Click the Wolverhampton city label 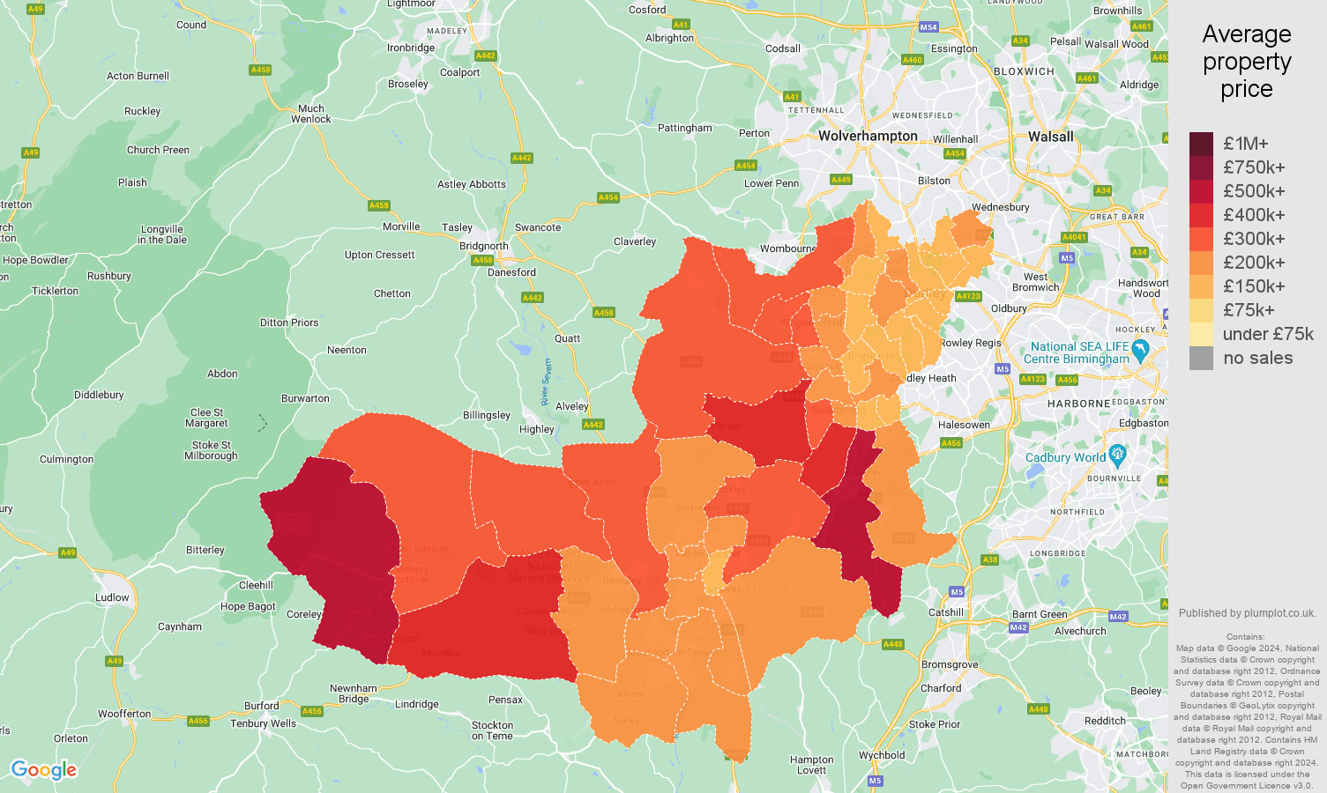click(868, 136)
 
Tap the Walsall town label click(1051, 137)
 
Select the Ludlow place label click(112, 597)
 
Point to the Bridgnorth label click(483, 246)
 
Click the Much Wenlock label click(311, 114)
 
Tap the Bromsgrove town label click(950, 664)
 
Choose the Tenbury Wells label click(263, 723)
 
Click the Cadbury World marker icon click(1118, 456)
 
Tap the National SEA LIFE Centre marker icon click(1140, 350)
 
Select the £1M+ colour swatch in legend click(1201, 144)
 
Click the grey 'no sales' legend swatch click(1201, 358)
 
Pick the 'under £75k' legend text click(1268, 334)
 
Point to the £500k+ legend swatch click(1201, 191)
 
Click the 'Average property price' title click(1247, 62)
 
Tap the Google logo click(44, 770)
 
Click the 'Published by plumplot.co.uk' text click(1247, 613)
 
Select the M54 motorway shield click(928, 27)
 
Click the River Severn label click(547, 382)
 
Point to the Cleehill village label click(256, 585)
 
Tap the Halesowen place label click(964, 425)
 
